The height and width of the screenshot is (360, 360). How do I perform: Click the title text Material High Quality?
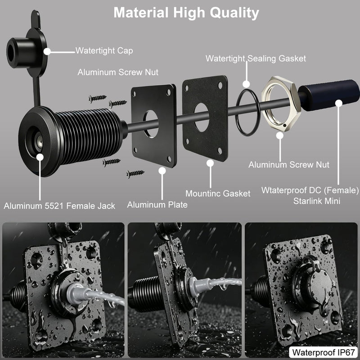click(186, 13)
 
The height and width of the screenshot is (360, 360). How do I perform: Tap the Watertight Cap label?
click(104, 51)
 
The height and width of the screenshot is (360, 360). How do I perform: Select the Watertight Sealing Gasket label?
click(256, 58)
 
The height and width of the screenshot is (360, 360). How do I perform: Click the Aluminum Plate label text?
click(157, 205)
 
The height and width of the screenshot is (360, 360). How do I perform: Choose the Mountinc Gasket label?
click(218, 193)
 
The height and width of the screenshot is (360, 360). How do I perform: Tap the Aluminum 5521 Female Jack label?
click(59, 206)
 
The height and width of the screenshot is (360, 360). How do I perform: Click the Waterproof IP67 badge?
click(324, 352)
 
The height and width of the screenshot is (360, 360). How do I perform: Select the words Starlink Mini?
click(317, 201)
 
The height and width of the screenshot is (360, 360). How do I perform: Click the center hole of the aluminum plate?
click(151, 124)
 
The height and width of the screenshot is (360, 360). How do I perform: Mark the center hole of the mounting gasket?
click(202, 117)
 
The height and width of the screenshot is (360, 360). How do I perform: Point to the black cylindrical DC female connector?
click(329, 95)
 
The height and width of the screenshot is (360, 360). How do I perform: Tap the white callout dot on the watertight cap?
click(47, 51)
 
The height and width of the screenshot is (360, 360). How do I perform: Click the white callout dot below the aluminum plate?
click(162, 171)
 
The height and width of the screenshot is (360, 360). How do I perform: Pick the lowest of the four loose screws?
click(135, 174)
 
